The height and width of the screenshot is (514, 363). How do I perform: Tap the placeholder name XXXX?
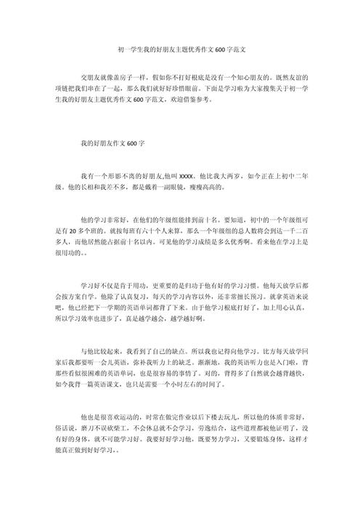pos(186,176)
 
